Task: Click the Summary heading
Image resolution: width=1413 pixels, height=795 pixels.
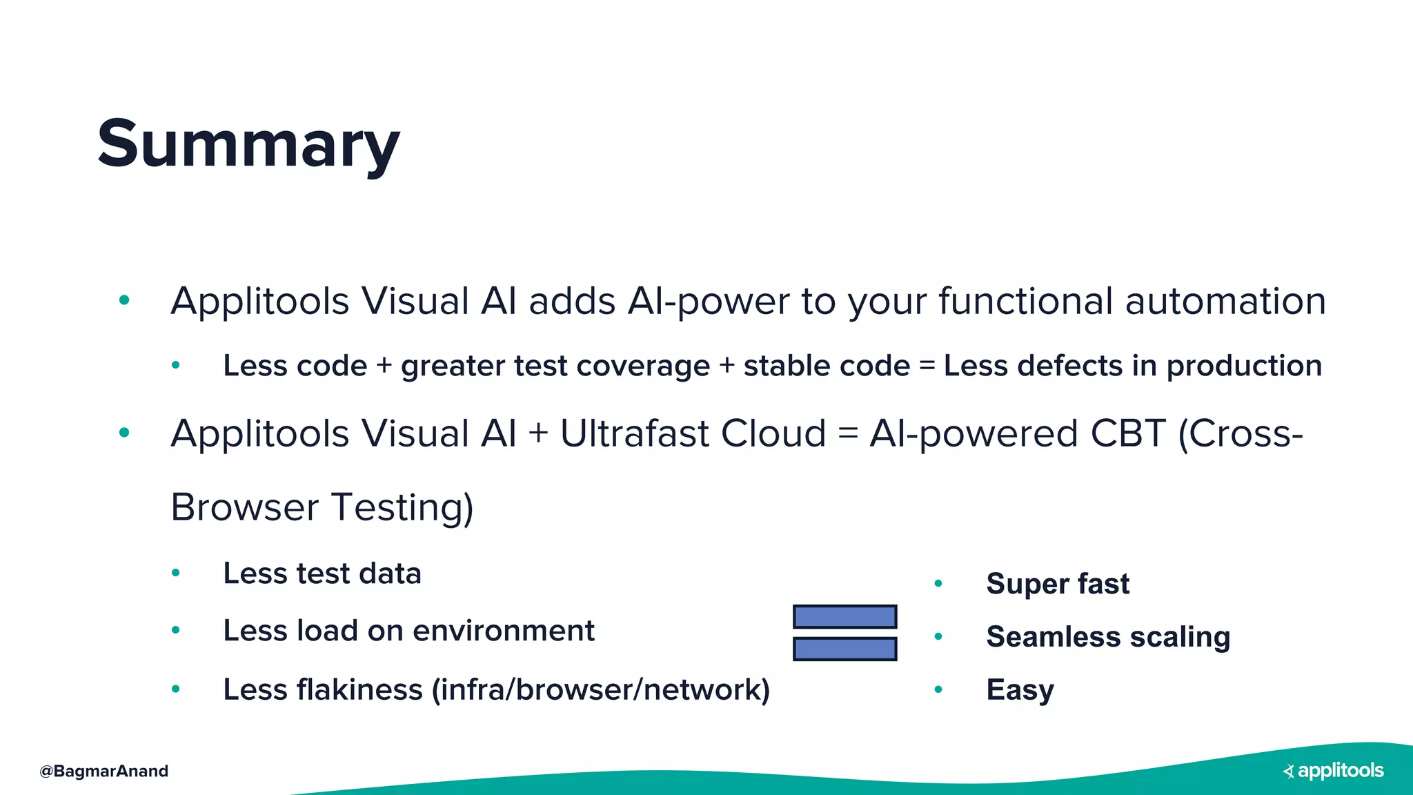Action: [x=248, y=144]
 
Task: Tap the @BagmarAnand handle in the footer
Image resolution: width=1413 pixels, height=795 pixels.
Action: [x=104, y=771]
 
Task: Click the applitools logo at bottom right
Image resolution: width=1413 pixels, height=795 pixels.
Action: [x=1333, y=771]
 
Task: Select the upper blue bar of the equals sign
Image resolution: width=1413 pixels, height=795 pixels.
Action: [x=844, y=616]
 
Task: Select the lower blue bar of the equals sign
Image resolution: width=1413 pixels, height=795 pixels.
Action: [x=844, y=649]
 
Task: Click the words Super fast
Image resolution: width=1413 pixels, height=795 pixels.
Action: [x=1057, y=584]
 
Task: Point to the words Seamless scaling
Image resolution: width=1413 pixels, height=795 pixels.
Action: [x=1107, y=637]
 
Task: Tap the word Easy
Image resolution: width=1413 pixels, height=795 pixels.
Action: [x=1020, y=689]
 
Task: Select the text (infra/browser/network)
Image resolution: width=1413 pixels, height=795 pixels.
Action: [x=600, y=689]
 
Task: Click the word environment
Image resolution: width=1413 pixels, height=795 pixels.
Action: [x=503, y=631]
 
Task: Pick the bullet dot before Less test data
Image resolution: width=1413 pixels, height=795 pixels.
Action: [x=176, y=573]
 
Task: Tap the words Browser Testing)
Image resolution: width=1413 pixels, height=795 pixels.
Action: [x=322, y=508]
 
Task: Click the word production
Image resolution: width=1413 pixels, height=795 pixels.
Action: [x=1243, y=366]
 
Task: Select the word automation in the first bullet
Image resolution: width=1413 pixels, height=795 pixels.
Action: [x=1225, y=302]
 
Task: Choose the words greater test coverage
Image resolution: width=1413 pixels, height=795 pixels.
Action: [x=555, y=366]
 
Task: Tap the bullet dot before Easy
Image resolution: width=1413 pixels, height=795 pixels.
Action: [x=938, y=689]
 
